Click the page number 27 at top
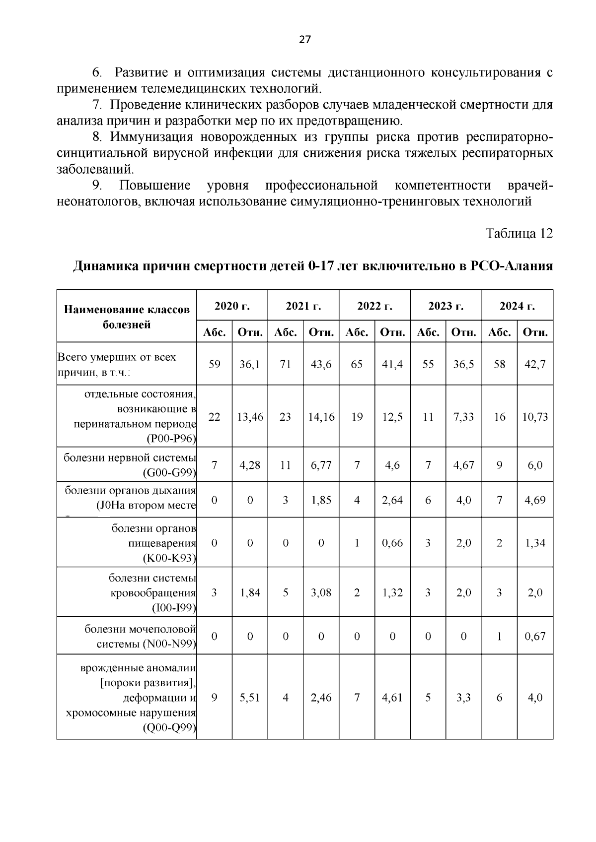[x=304, y=40]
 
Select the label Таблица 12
[x=519, y=233]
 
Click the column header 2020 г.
[x=232, y=306]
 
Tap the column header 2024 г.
[x=517, y=306]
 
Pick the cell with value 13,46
[x=250, y=417]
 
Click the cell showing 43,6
[x=321, y=364]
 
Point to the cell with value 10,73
[x=535, y=417]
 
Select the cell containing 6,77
[x=321, y=465]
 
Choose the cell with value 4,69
[x=535, y=500]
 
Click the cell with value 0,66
[x=392, y=543]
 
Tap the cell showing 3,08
[x=321, y=592]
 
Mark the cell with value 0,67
[x=535, y=636]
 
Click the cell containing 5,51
[x=250, y=698]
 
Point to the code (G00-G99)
[x=169, y=473]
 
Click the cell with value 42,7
[x=535, y=364]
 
